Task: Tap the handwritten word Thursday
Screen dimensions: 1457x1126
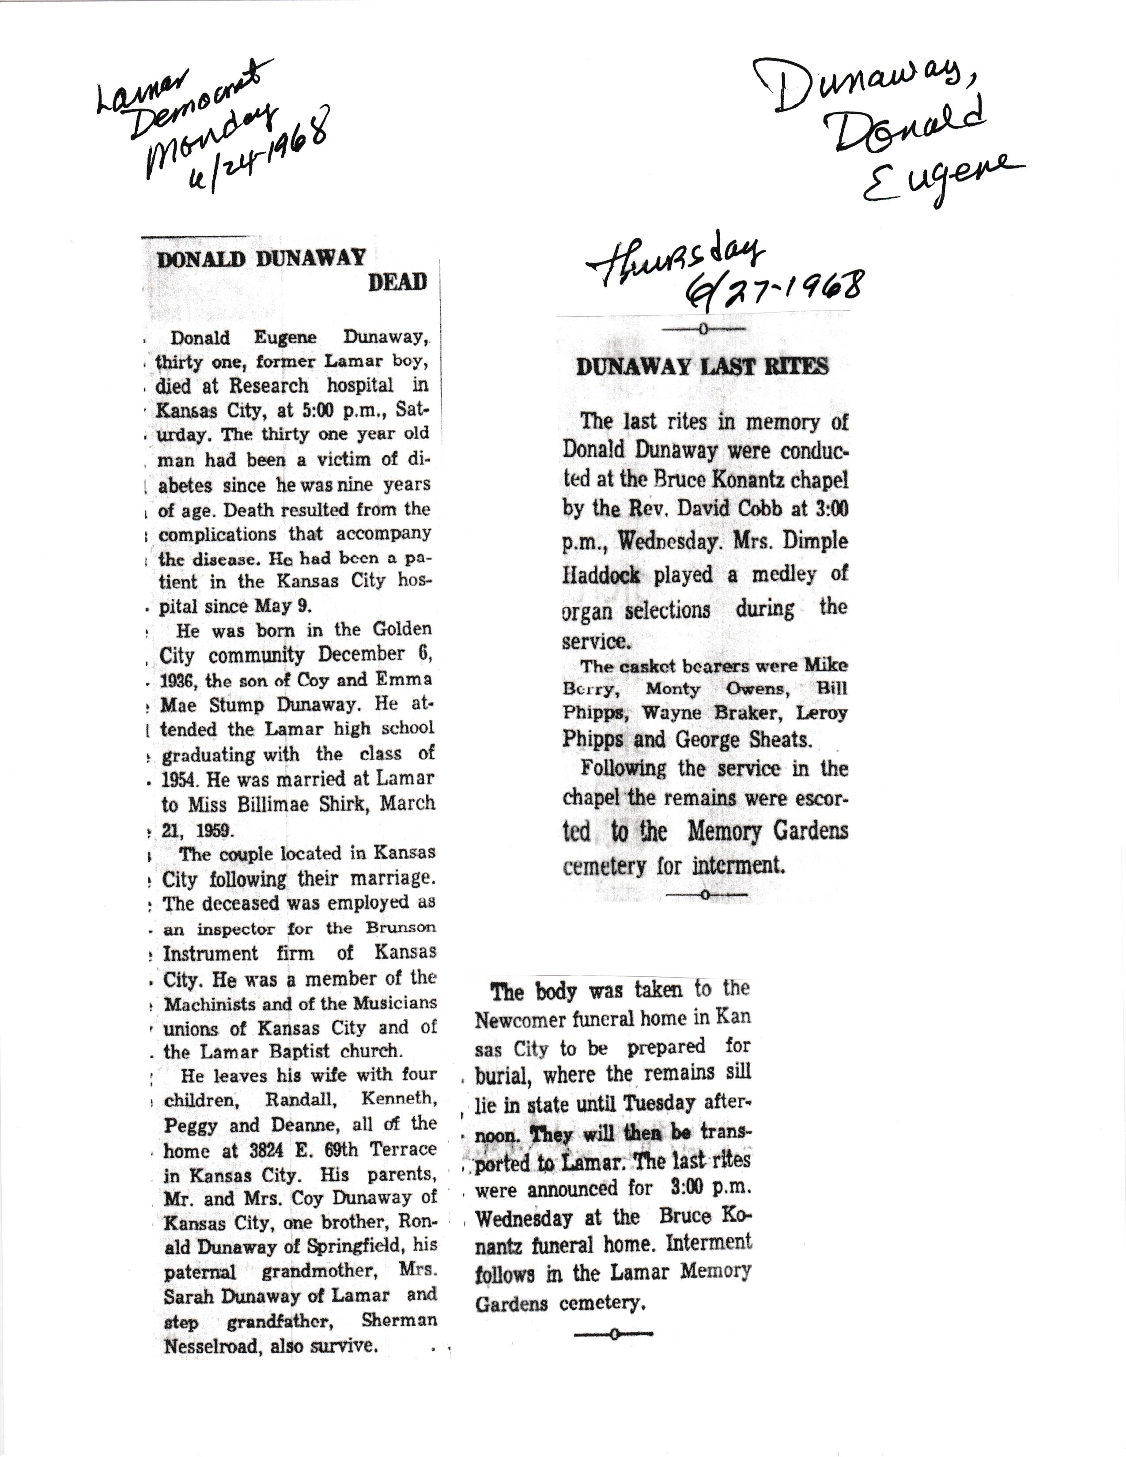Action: click(x=675, y=263)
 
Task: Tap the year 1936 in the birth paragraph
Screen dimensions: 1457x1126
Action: click(x=179, y=680)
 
